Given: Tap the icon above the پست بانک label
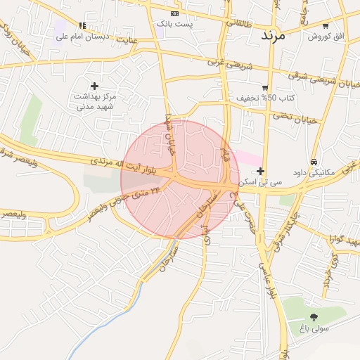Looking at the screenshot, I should (174, 13).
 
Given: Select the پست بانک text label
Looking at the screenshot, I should (174, 24).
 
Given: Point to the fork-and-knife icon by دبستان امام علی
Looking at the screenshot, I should (82, 26).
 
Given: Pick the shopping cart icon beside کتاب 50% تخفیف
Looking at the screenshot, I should (265, 88).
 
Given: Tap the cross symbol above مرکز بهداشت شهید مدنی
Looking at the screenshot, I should (95, 86).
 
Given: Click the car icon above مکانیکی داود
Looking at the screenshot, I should (314, 160).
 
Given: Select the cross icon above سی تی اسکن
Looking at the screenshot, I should (261, 171).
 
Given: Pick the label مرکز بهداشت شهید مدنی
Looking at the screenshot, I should (95, 101).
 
